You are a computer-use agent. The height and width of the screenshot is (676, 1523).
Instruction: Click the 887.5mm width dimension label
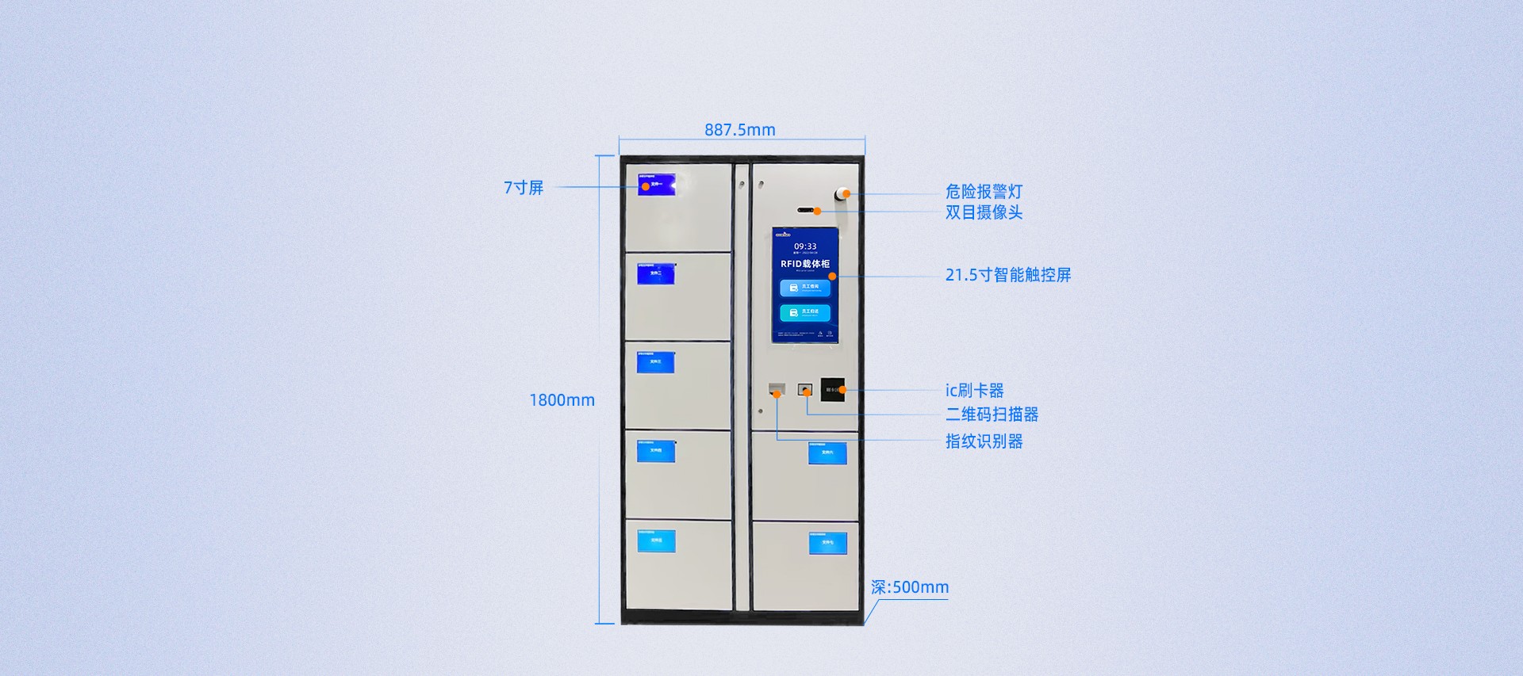click(739, 130)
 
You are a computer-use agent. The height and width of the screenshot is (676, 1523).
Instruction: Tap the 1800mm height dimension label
click(562, 400)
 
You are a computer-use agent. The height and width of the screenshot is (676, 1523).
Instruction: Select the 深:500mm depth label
click(909, 587)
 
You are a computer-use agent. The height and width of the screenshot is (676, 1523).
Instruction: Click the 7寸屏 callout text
click(524, 188)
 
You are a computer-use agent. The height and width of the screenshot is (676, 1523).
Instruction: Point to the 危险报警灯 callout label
click(984, 192)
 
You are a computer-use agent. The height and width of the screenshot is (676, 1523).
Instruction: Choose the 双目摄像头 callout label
click(984, 212)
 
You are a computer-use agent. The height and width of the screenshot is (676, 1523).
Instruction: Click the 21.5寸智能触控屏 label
click(1007, 275)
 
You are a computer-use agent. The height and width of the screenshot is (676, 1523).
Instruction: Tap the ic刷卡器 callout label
click(974, 391)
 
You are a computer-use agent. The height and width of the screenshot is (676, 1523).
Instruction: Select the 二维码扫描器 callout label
click(992, 414)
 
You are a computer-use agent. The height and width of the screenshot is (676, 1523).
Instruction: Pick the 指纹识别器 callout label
click(984, 441)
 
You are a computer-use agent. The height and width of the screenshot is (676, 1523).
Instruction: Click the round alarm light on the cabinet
click(841, 194)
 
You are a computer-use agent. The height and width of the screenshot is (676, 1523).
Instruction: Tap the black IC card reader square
click(832, 389)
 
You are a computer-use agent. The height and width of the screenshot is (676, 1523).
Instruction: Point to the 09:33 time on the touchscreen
click(805, 246)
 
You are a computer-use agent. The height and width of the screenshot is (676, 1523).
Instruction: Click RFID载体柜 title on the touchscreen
click(804, 264)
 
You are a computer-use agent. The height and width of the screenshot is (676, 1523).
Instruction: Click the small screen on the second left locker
click(656, 274)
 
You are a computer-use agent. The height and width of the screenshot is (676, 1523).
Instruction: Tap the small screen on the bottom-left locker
click(656, 540)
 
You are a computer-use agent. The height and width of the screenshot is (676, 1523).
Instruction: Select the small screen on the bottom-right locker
click(827, 543)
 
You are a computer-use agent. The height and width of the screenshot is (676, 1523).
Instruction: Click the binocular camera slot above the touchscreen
click(806, 211)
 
